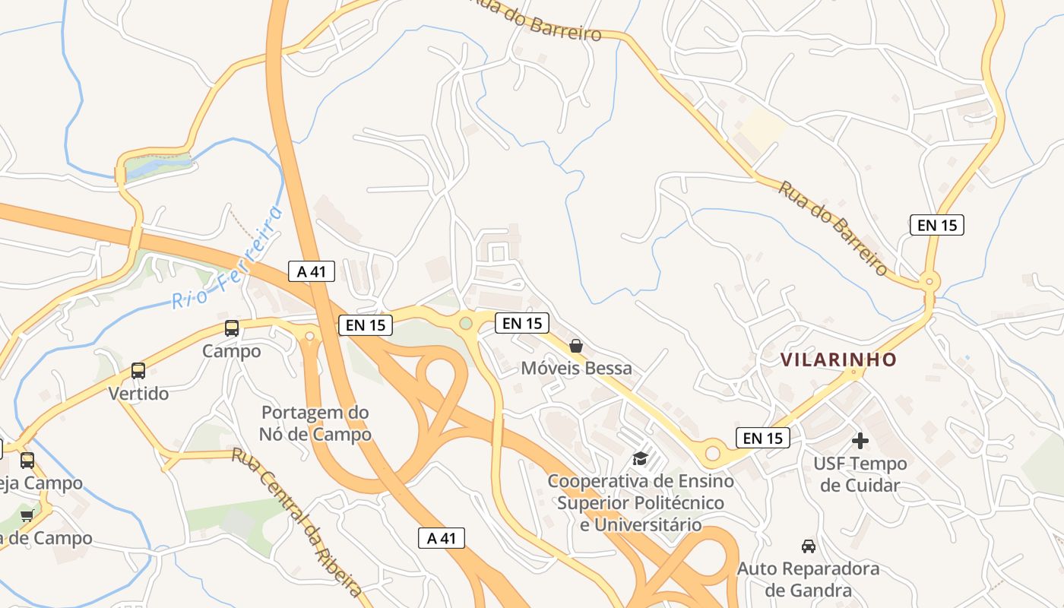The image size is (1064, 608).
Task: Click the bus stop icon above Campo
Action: [x=232, y=328]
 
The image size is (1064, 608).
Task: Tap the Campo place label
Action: [x=232, y=351]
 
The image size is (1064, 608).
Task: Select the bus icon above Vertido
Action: [x=138, y=371]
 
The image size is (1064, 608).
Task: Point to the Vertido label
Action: [x=138, y=394]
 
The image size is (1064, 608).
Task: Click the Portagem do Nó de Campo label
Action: [x=315, y=423]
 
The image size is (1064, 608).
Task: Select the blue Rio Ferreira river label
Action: [x=226, y=258]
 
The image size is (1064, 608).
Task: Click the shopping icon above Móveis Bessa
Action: [x=576, y=346]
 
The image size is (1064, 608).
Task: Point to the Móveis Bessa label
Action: [x=576, y=369]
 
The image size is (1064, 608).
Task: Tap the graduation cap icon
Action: [x=640, y=458]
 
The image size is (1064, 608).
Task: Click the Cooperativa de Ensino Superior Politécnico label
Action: [x=641, y=502]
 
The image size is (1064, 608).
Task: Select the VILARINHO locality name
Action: [x=839, y=359]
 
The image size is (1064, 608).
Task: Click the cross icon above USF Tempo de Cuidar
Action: [x=860, y=441]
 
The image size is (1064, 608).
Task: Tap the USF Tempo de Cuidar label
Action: [x=860, y=474]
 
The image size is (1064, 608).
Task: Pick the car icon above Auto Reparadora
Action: [x=809, y=546]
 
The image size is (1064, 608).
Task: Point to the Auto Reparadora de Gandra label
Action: [x=809, y=579]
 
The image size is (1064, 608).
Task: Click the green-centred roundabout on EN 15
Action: [x=466, y=324]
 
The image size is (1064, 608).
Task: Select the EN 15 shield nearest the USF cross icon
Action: [x=763, y=438]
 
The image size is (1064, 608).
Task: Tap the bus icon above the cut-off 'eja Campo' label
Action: [x=27, y=460]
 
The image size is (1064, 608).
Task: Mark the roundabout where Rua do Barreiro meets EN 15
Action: [x=928, y=282]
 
